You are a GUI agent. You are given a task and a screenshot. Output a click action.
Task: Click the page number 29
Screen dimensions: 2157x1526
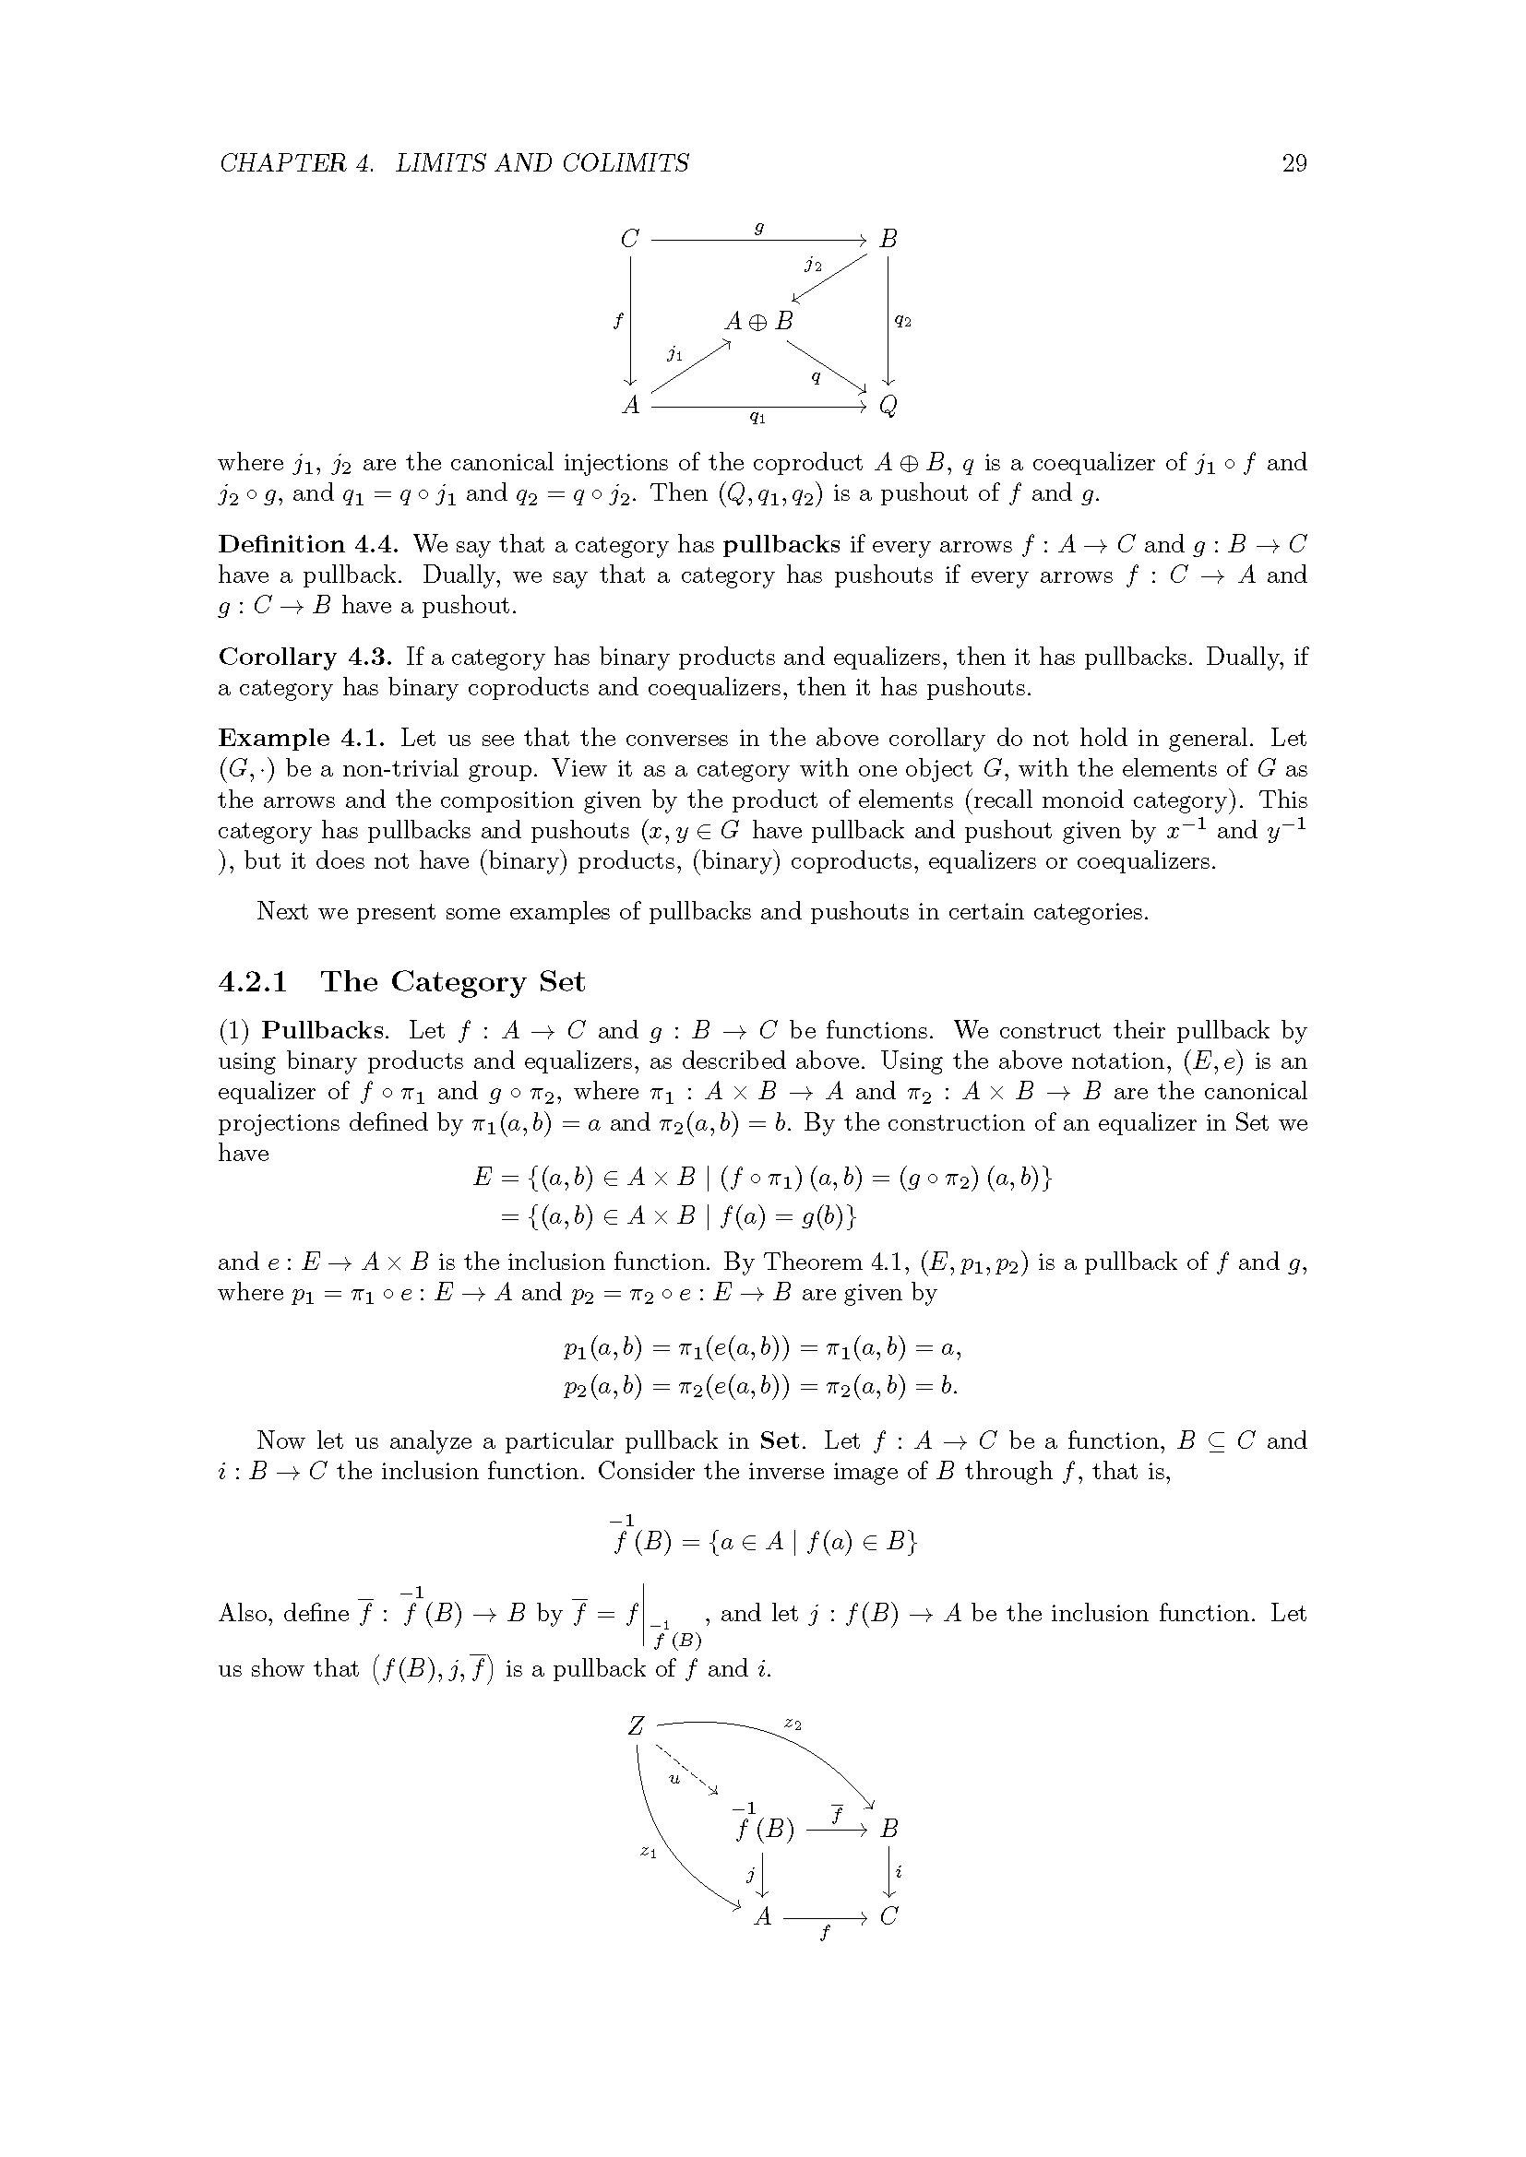click(1294, 163)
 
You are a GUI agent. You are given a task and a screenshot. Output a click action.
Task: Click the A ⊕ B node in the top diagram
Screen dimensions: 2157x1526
click(758, 321)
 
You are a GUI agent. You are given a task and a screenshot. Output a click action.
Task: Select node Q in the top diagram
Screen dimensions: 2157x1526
click(888, 406)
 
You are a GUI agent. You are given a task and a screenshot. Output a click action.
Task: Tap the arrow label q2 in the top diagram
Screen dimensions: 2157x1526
click(902, 321)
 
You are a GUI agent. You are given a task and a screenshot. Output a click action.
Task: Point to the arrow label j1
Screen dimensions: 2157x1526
click(674, 353)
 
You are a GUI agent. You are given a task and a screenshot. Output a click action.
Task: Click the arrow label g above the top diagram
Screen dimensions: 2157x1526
click(759, 228)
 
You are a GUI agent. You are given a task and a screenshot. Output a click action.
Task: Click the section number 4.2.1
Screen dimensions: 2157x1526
click(253, 982)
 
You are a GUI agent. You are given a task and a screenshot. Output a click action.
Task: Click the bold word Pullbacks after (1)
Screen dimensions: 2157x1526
click(323, 1031)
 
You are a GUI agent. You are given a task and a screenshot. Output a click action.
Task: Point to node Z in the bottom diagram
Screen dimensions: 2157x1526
click(637, 1725)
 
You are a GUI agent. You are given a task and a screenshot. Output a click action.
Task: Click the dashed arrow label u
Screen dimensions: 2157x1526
click(674, 1777)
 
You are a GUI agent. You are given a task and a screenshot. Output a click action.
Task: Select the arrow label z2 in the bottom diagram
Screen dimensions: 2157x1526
click(793, 1724)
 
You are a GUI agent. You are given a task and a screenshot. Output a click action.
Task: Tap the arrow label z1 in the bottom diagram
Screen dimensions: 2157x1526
click(648, 1851)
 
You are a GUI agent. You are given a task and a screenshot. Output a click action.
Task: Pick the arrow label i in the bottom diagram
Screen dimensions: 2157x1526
click(900, 1871)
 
